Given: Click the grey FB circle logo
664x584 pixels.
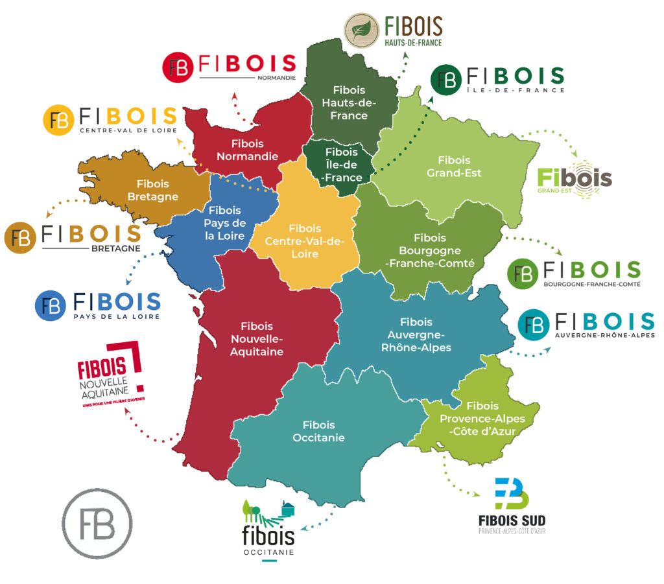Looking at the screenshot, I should (x=97, y=524).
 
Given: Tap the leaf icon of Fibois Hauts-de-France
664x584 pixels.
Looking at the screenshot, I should (x=362, y=30).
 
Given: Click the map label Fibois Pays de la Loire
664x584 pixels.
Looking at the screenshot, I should (x=225, y=223).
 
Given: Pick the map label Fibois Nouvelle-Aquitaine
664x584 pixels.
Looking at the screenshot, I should (x=257, y=339).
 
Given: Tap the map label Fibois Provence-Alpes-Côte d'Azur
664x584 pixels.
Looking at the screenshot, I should (x=482, y=419).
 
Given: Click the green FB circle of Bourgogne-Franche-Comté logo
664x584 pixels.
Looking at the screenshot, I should (x=523, y=273).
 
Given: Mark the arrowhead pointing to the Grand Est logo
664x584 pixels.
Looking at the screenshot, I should (x=576, y=154).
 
